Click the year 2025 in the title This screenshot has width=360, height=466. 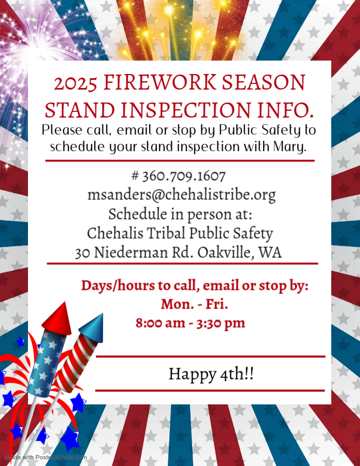[76, 83]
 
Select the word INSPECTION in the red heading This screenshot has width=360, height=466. [186, 109]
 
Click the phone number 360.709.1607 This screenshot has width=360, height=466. [184, 176]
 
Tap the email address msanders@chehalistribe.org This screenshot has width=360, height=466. [182, 195]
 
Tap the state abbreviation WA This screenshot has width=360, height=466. [270, 253]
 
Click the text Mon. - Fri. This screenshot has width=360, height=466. [194, 304]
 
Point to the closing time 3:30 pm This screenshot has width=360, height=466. [221, 323]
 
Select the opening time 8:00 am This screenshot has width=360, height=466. [160, 323]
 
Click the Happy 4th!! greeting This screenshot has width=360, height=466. [211, 374]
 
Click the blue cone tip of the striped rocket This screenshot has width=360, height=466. [93, 327]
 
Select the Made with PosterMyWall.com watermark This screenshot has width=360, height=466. [46, 457]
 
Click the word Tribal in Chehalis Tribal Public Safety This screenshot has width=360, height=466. [166, 234]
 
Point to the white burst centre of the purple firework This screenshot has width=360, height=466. [32, 48]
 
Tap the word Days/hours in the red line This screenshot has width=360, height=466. [118, 286]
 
